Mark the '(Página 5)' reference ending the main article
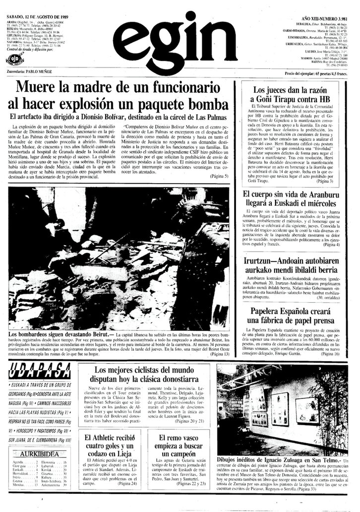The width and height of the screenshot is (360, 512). tap(219, 176)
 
